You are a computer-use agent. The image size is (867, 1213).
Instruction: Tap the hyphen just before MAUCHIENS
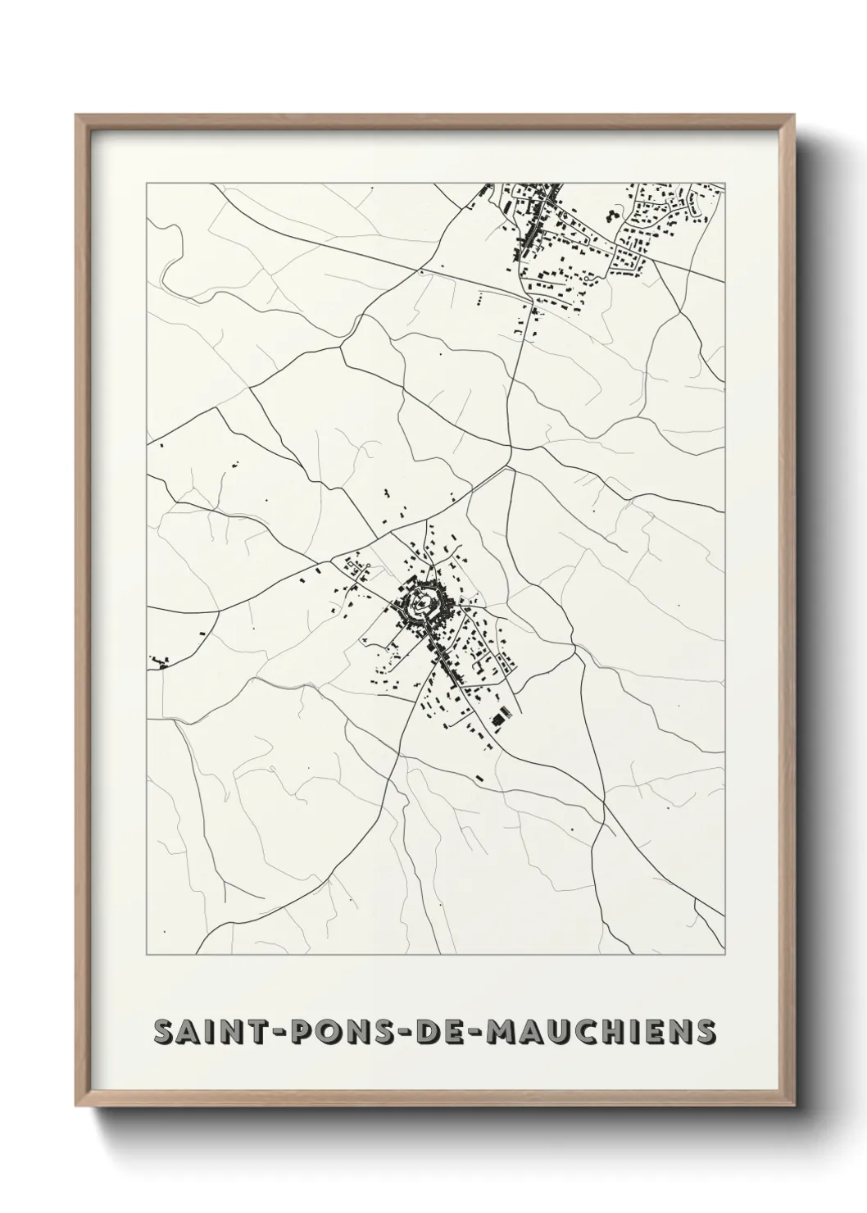pos(473,1033)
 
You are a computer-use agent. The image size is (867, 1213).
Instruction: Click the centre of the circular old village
pos(420,605)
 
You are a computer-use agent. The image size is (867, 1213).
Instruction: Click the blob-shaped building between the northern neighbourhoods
pos(612,216)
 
